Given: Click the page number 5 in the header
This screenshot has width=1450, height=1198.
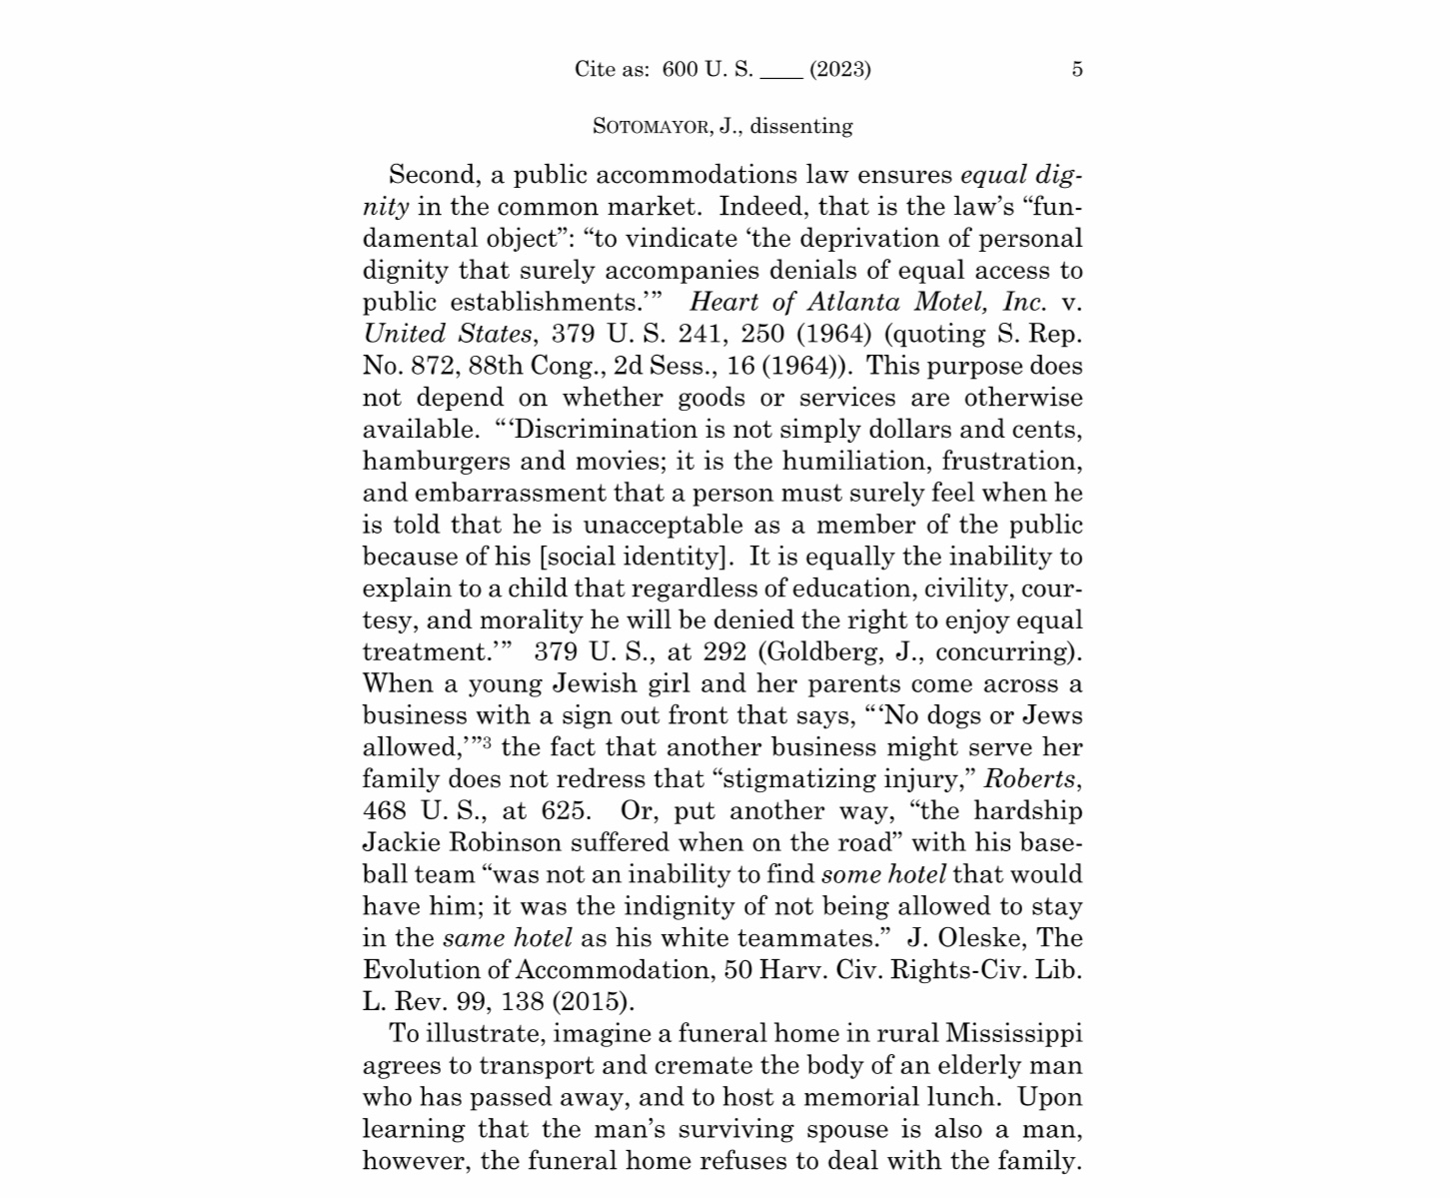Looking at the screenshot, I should (x=1076, y=69).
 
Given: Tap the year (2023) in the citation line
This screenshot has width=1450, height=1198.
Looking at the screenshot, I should (x=839, y=69).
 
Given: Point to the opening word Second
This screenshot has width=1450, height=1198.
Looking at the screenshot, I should (x=432, y=175).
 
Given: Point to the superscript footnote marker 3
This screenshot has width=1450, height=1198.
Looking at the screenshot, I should (x=486, y=742).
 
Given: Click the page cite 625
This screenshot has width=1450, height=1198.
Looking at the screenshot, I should (x=565, y=811).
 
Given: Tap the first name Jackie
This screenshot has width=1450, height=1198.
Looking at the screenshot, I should (x=402, y=843).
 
